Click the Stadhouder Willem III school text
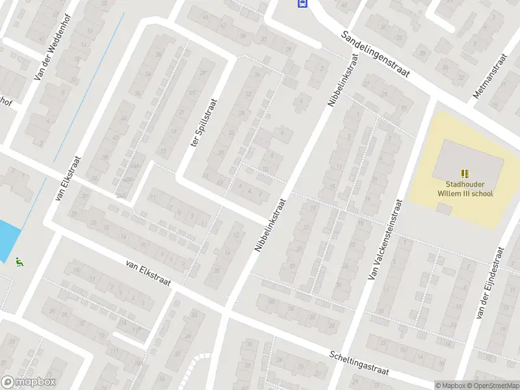click(464, 188)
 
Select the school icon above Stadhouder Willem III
click(464, 173)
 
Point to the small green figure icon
click(19, 263)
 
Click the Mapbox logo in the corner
click(28, 382)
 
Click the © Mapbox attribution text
click(450, 385)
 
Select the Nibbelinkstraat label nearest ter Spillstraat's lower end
click(270, 224)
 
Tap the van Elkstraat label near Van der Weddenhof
click(68, 177)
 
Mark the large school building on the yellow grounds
click(469, 162)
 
